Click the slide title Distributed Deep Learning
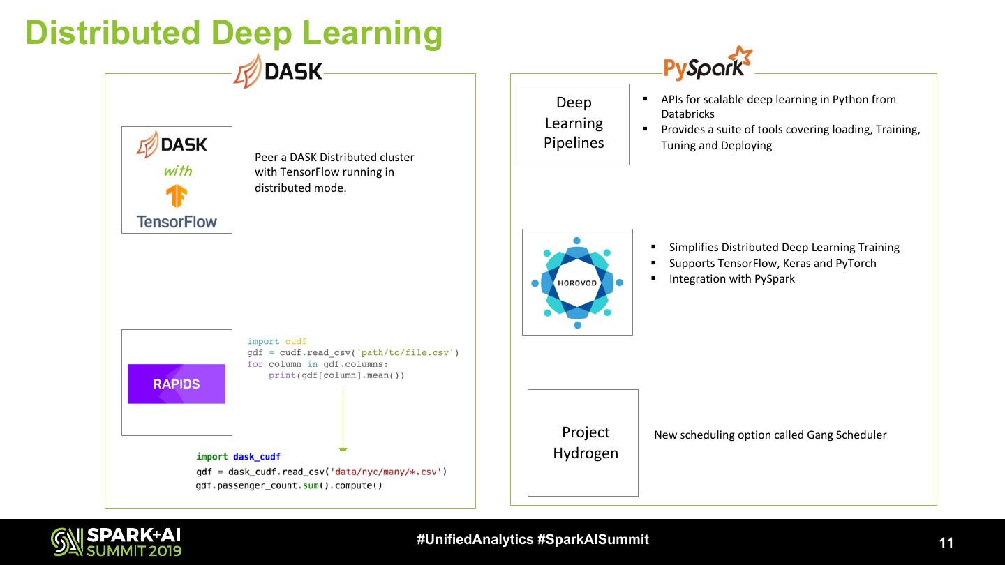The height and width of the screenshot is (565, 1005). (x=234, y=33)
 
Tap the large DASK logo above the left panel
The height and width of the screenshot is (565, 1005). (x=278, y=71)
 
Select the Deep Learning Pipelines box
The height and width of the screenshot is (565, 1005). (x=574, y=123)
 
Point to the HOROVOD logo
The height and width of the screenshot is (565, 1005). (x=577, y=282)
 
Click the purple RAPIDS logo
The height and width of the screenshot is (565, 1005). (x=177, y=384)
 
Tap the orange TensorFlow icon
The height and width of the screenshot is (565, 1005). (x=177, y=196)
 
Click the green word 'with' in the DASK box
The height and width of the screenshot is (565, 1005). (x=177, y=171)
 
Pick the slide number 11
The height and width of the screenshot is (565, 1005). (x=946, y=543)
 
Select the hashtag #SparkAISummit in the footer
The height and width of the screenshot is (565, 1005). (x=593, y=539)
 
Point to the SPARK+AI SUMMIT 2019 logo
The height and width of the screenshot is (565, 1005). (x=116, y=542)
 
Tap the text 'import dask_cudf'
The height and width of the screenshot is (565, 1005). (x=238, y=457)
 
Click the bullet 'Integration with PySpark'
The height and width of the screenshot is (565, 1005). (x=731, y=279)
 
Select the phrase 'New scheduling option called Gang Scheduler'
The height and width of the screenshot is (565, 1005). (x=770, y=435)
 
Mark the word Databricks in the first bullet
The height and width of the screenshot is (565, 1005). (x=687, y=114)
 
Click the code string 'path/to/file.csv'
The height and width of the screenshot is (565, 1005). (x=405, y=352)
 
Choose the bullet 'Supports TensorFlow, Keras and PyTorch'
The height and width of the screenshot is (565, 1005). (x=772, y=263)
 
